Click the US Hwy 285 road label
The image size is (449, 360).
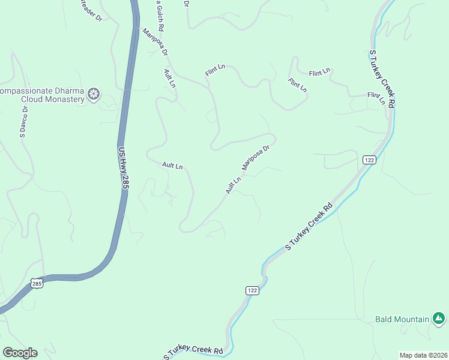point(124,169)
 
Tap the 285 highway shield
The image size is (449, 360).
point(37,282)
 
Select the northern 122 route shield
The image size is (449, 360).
point(369,159)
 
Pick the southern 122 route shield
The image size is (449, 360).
point(252,290)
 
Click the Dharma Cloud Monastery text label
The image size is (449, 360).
point(42,95)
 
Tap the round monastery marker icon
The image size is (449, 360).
point(94,94)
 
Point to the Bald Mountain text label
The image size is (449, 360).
point(402,319)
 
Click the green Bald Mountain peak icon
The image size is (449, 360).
point(439,318)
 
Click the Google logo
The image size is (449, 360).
point(20,353)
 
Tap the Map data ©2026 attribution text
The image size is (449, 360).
point(424,355)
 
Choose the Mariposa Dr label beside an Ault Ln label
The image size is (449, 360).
point(257,156)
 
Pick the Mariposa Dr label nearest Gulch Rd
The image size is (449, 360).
point(155,41)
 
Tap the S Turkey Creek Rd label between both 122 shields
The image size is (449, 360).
point(309,227)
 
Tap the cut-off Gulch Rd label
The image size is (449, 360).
point(160,15)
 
